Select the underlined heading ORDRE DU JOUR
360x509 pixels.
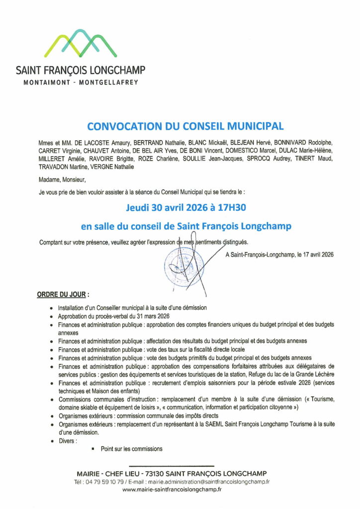pyautogui.click(x=60, y=294)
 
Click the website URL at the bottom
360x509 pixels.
pyautogui.click(x=172, y=489)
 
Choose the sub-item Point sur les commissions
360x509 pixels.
pyautogui.click(x=131, y=449)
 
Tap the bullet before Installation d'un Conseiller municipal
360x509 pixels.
pyautogui.click(x=52, y=308)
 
